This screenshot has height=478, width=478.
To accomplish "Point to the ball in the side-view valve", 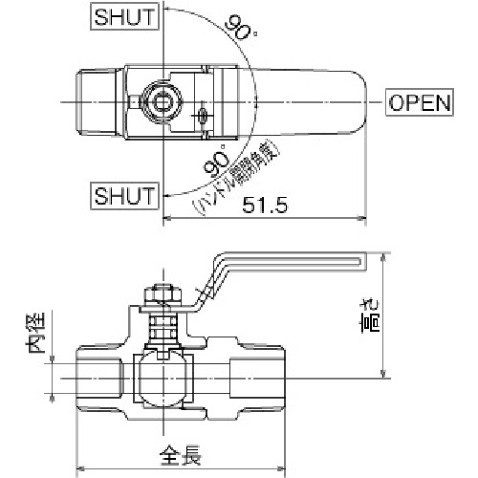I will click(x=162, y=375).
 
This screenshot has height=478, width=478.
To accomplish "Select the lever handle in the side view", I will click(x=287, y=258).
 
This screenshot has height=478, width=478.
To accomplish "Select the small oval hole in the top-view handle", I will click(x=203, y=117).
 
